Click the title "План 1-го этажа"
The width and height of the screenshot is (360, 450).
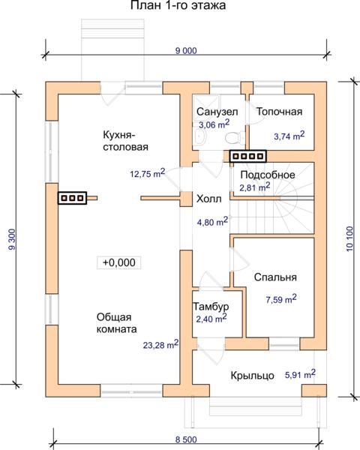coord(178,5)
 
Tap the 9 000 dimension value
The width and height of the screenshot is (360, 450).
coord(186,51)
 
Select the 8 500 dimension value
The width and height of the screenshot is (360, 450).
coord(186,439)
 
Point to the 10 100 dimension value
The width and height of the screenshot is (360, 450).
coord(349,238)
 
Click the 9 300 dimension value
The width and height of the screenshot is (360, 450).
coord(12,239)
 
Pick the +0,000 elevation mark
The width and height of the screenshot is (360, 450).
coord(118,262)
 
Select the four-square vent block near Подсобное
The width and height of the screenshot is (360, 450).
coord(248,157)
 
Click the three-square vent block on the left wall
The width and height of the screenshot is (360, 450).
coord(72,198)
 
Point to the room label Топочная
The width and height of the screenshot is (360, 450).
coord(279,112)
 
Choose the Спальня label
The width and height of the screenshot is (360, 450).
coord(275,277)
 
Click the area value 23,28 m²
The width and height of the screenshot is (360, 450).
coord(160,344)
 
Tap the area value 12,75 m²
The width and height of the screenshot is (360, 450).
coord(148,173)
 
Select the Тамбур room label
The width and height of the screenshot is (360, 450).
coord(211,307)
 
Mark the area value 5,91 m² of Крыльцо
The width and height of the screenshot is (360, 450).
coord(300,374)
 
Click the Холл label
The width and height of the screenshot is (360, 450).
coord(208,199)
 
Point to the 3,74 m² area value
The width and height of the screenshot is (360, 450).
coord(289,136)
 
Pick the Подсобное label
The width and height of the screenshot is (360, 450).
coord(268,175)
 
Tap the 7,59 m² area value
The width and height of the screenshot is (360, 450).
coord(281,299)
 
